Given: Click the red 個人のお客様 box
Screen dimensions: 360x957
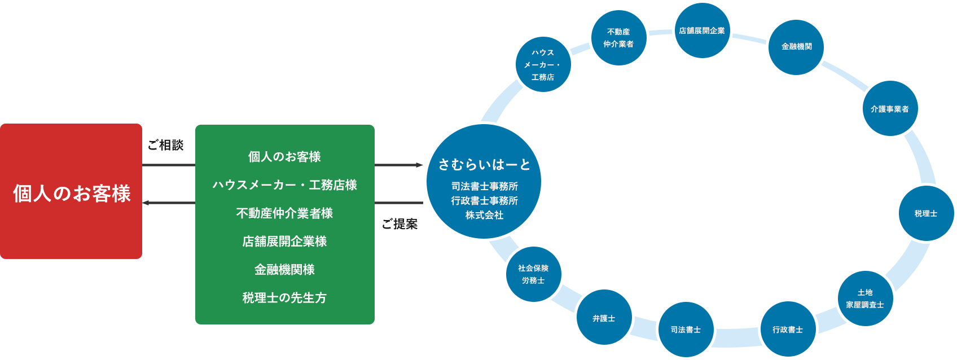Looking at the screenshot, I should point(71,192).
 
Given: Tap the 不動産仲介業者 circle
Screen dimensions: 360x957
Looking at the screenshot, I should point(618,37).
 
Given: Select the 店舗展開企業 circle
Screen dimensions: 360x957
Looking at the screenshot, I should point(702,30).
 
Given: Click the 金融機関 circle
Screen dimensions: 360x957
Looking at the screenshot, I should point(796,46).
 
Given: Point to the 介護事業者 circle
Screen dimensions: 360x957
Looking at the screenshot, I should point(890,109).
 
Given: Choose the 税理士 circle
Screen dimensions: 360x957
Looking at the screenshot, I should point(925,213).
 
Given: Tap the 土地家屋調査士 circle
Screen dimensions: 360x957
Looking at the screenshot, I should point(864,298).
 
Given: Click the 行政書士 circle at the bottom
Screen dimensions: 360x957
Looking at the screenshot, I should point(788,330).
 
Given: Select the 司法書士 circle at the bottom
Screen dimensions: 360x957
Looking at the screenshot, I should point(686,330).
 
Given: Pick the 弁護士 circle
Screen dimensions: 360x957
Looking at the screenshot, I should point(604,318).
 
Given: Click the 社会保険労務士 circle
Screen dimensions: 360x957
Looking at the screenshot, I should point(533,274).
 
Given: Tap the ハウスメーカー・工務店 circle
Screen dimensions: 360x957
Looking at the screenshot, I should point(543,64).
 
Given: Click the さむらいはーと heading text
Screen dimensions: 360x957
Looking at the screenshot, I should point(484,164).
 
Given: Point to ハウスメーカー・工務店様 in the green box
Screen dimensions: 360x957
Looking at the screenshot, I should point(284,185).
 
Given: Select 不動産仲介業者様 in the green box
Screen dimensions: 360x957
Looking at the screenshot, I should point(284,213).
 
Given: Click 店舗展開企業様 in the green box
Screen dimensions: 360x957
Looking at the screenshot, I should point(284,242).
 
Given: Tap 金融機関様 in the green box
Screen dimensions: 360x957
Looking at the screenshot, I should point(284,270).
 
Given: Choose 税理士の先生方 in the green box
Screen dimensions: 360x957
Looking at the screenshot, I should point(284,298).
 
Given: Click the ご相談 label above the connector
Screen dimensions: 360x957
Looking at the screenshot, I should point(166,145).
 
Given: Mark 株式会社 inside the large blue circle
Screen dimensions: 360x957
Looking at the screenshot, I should point(484,215).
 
